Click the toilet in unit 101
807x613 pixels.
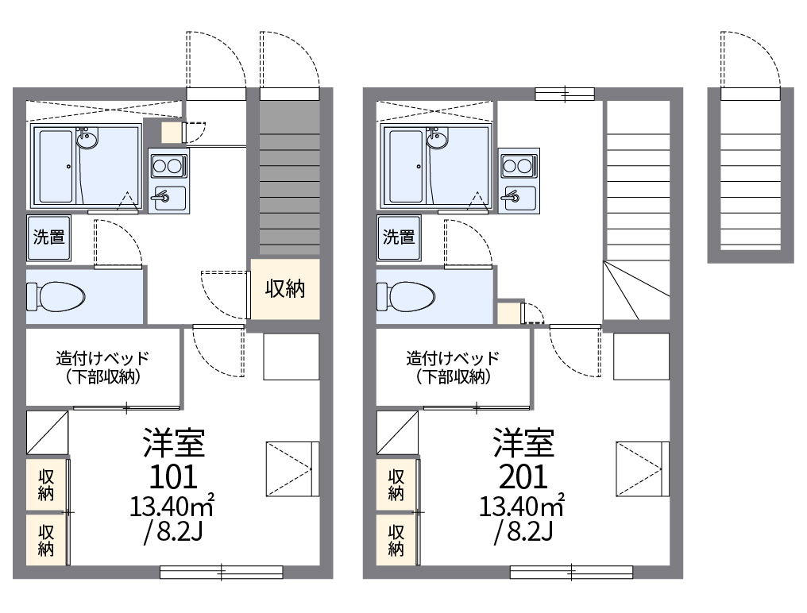tap(56, 296)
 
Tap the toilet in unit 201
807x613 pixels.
tap(406, 296)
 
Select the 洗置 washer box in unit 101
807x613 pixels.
tap(49, 237)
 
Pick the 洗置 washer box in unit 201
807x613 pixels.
tap(399, 237)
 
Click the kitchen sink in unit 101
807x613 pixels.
tap(169, 197)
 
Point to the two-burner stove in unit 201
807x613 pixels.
tap(519, 166)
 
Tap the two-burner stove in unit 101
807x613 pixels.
tap(169, 166)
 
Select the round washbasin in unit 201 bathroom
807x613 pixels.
tap(438, 139)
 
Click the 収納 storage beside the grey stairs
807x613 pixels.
tap(285, 289)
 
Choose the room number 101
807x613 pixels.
tap(173, 476)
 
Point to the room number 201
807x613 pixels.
tap(523, 476)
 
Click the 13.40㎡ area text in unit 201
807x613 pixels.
tap(522, 506)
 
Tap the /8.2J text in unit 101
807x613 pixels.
tap(173, 531)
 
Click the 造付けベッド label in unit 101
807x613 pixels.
tap(102, 357)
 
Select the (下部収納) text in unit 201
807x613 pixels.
tap(453, 377)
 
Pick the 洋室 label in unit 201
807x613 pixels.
tap(523, 443)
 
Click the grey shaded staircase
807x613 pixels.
tap(290, 178)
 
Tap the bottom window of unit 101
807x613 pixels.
tap(222, 572)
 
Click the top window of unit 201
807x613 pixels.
tap(565, 94)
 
